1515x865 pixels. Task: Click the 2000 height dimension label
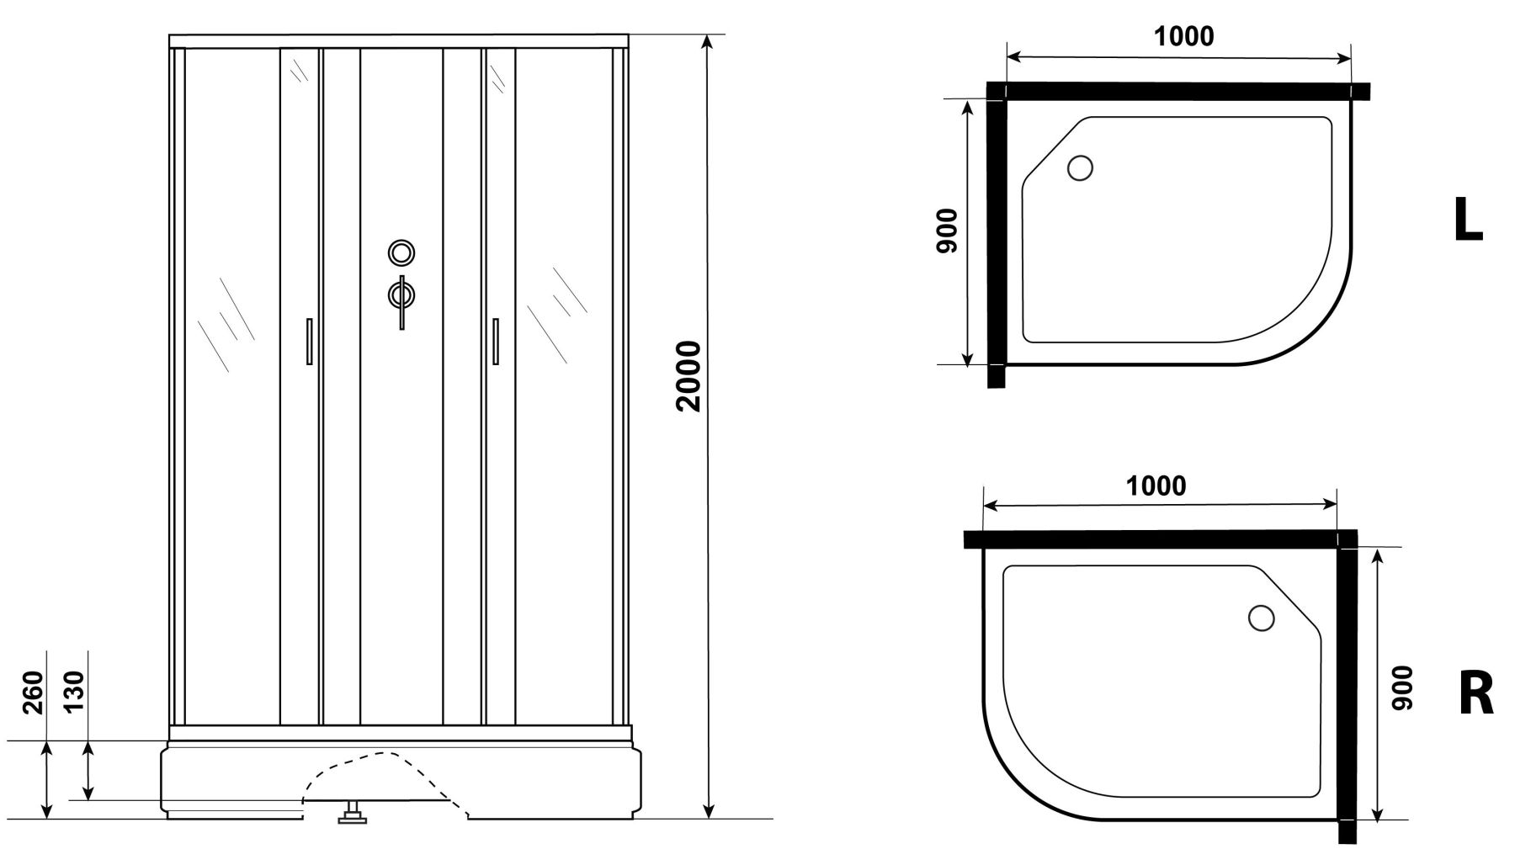(688, 375)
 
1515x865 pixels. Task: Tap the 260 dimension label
(32, 692)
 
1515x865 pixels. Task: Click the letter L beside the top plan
(1468, 221)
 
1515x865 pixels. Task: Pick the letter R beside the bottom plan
(1475, 696)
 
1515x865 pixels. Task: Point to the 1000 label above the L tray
(1183, 36)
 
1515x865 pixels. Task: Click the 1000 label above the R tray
(1156, 486)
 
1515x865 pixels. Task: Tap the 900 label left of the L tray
(947, 231)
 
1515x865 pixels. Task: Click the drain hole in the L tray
(1080, 168)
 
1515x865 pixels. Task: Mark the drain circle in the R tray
(1261, 618)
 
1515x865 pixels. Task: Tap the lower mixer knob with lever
(401, 300)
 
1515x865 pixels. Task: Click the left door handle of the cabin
(310, 341)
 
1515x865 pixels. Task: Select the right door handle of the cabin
(495, 341)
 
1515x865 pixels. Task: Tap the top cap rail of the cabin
(399, 41)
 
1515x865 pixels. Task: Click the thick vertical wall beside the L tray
(997, 235)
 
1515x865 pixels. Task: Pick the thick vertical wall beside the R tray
(1347, 687)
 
